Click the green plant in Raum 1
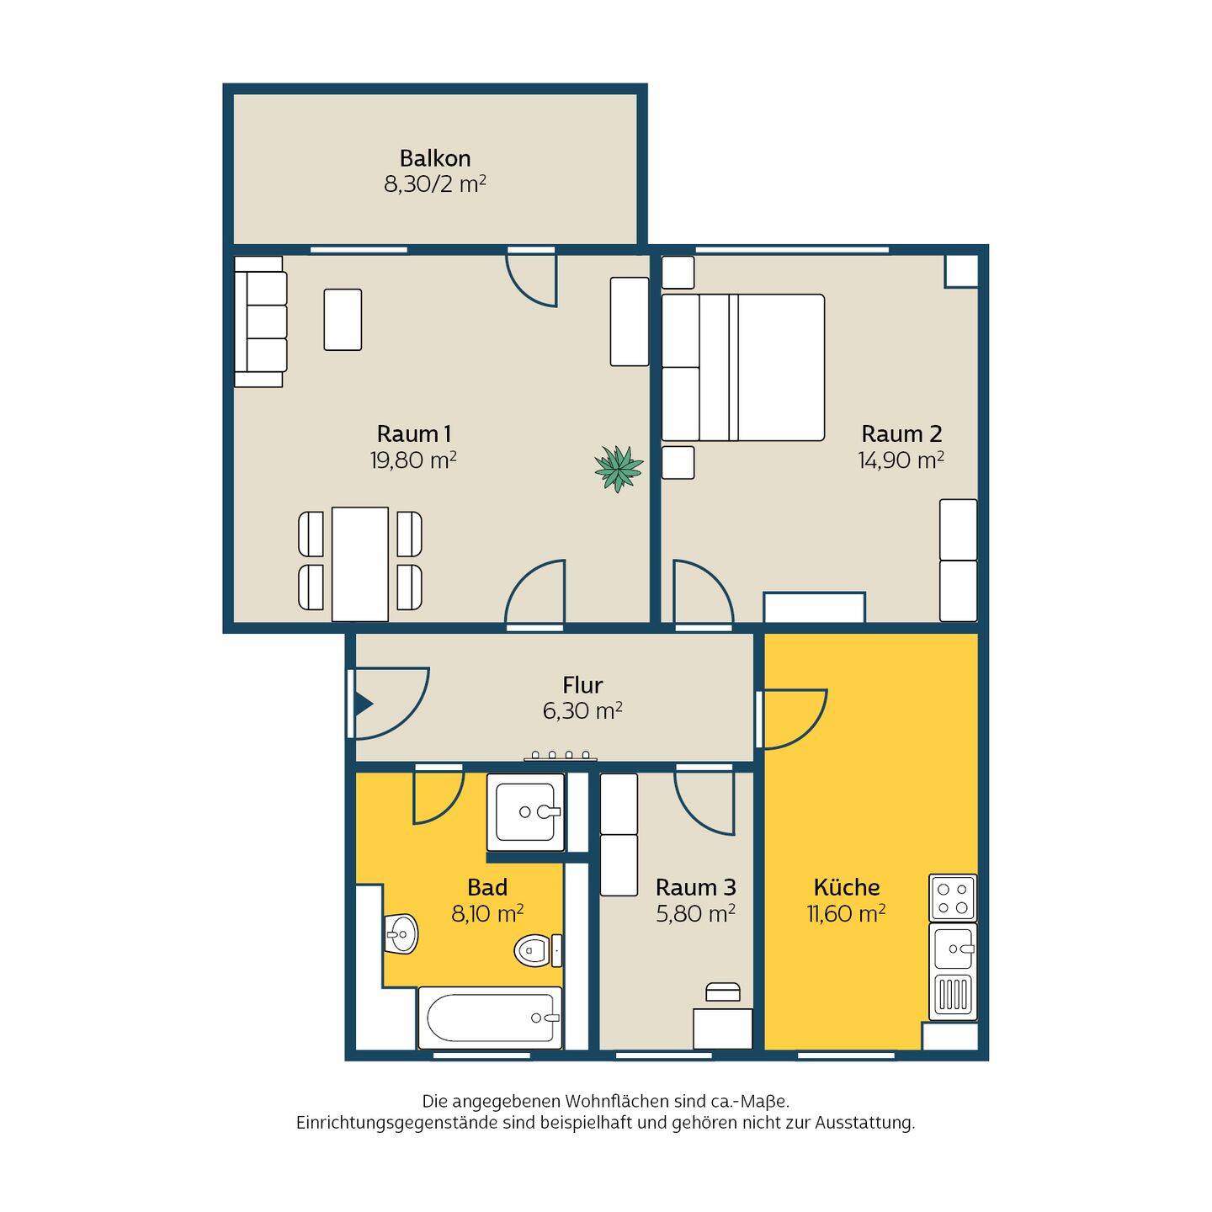pos(619,469)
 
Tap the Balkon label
pos(434,158)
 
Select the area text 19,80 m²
pos(412,460)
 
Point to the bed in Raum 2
pos(742,367)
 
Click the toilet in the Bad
pos(537,950)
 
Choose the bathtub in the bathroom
pos(489,1017)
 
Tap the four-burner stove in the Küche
pos(952,897)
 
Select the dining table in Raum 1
pos(359,564)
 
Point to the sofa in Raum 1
pos(260,322)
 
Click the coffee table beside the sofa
pos(343,320)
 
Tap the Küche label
pos(846,887)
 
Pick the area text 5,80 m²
pos(695,913)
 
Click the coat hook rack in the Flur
pos(560,755)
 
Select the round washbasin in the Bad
pos(401,934)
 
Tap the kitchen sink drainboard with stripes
pos(952,997)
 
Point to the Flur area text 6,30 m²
pos(582,710)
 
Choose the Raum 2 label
pos(901,433)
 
